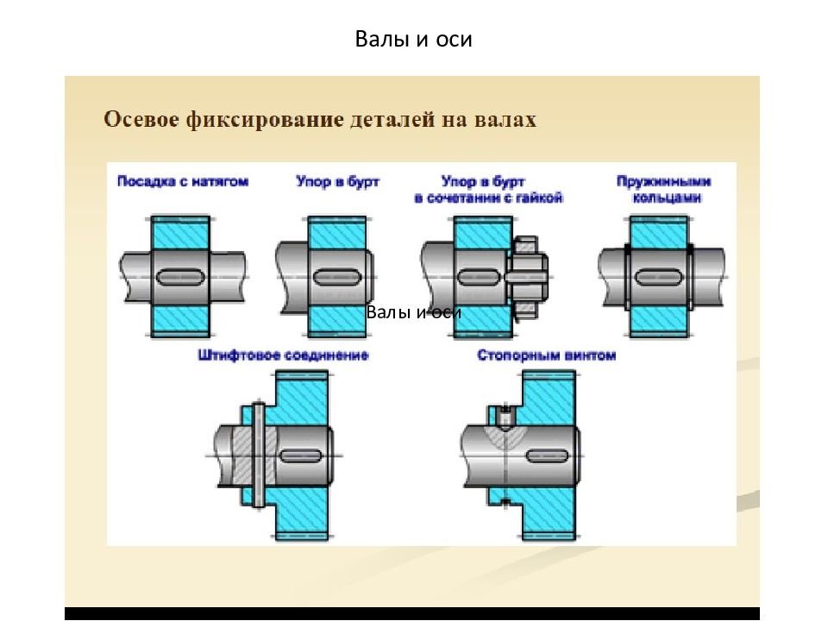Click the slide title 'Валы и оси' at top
click(x=414, y=40)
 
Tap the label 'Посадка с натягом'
click(x=183, y=182)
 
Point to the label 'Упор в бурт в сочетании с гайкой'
click(x=488, y=190)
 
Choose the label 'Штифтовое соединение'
click(x=283, y=355)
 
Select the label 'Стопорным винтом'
click(x=547, y=355)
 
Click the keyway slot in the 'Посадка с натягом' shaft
click(x=182, y=277)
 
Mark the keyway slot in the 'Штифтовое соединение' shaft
click(x=299, y=454)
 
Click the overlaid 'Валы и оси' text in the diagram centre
click(x=414, y=312)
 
